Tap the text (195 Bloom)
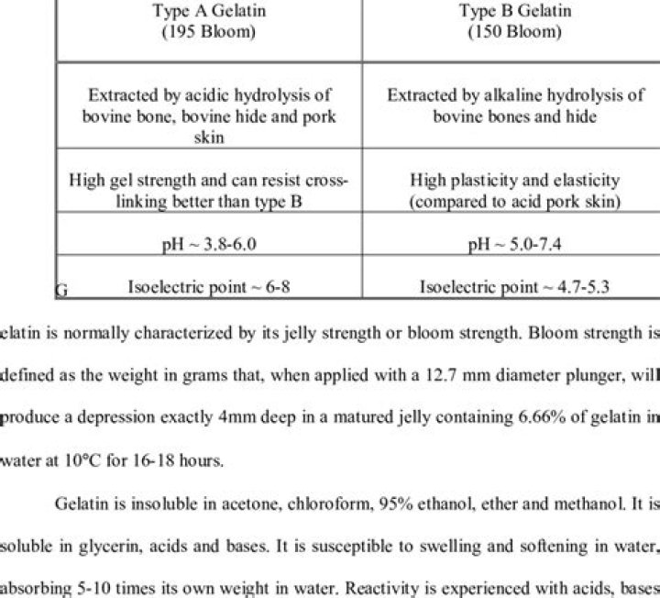[208, 31]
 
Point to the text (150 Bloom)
[514, 31]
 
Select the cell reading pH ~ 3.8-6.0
[208, 245]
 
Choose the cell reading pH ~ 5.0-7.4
[514, 245]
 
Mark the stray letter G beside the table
[61, 292]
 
